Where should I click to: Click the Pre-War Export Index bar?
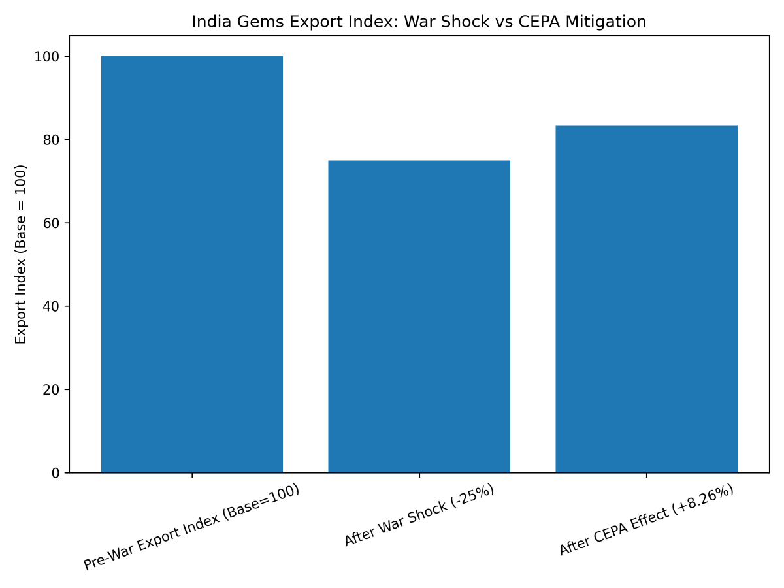pos(192,265)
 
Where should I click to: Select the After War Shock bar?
pos(419,317)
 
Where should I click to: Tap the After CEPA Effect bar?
pos(646,299)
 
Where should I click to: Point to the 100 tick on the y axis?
pos(50,57)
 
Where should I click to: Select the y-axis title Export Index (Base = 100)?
pos(21,254)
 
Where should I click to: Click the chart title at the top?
pos(419,22)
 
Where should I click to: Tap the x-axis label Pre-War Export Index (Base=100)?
pos(191,527)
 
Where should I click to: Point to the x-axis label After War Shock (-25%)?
pos(419,516)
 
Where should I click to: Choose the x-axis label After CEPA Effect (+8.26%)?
pos(646,521)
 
